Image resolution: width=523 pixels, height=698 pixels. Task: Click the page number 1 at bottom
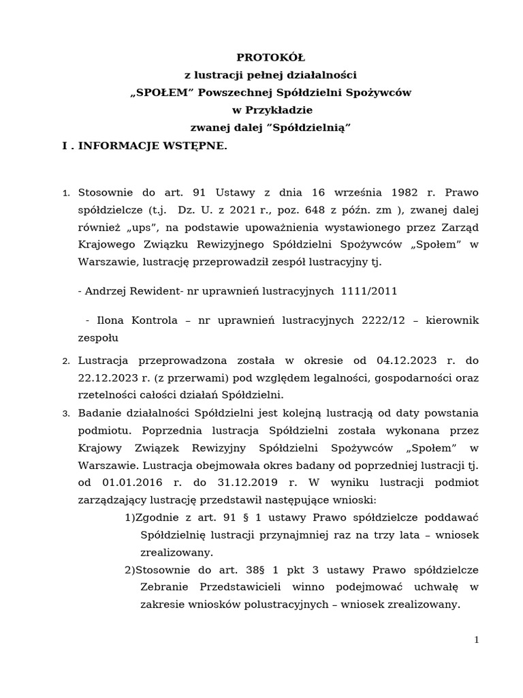pos(477,640)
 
